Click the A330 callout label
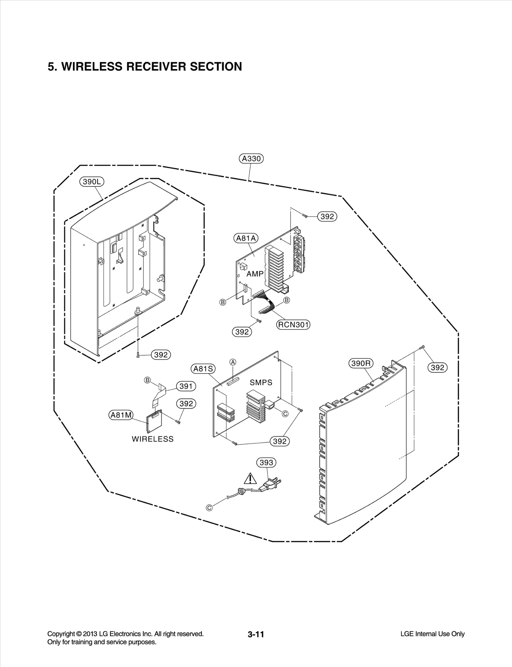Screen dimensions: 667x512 pyautogui.click(x=251, y=159)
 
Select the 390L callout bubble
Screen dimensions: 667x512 pyautogui.click(x=92, y=182)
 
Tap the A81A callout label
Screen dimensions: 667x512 pyautogui.click(x=246, y=238)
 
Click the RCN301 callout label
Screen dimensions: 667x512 pyautogui.click(x=293, y=325)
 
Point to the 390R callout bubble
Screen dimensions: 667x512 pyautogui.click(x=361, y=363)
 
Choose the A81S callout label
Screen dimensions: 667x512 pyautogui.click(x=203, y=369)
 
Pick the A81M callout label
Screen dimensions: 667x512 pyautogui.click(x=121, y=415)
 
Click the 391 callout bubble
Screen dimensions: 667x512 pyautogui.click(x=186, y=386)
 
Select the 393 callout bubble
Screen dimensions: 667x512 pyautogui.click(x=266, y=462)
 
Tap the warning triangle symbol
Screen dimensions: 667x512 pyautogui.click(x=250, y=479)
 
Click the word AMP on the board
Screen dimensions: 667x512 pyautogui.click(x=255, y=274)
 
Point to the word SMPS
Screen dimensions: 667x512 pyautogui.click(x=261, y=382)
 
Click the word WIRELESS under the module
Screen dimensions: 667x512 pyautogui.click(x=153, y=439)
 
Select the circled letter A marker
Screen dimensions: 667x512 pyautogui.click(x=233, y=362)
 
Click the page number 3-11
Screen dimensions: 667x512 pyautogui.click(x=256, y=634)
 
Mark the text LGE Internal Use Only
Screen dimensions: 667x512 pyautogui.click(x=432, y=634)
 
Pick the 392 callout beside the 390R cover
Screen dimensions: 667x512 pyautogui.click(x=437, y=368)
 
